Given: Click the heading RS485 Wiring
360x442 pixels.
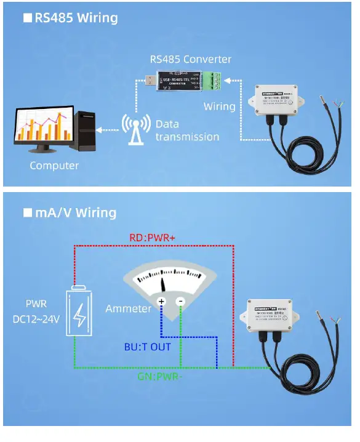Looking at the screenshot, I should pyautogui.click(x=75, y=17).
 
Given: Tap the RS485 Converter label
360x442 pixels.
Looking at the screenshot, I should pyautogui.click(x=191, y=60).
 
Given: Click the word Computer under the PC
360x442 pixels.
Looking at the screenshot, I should pyautogui.click(x=54, y=166).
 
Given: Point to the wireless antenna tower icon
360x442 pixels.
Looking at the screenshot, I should pyautogui.click(x=135, y=129).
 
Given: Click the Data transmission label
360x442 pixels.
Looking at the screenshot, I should pyautogui.click(x=186, y=130).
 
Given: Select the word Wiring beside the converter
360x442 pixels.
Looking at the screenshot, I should pyautogui.click(x=219, y=106).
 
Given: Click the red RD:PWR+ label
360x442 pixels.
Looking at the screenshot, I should pyautogui.click(x=153, y=238).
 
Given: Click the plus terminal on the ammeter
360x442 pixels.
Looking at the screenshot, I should pyautogui.click(x=161, y=302).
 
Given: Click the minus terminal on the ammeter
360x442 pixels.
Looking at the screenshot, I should pyautogui.click(x=180, y=302).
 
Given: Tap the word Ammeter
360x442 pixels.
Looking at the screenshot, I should pyautogui.click(x=128, y=308).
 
